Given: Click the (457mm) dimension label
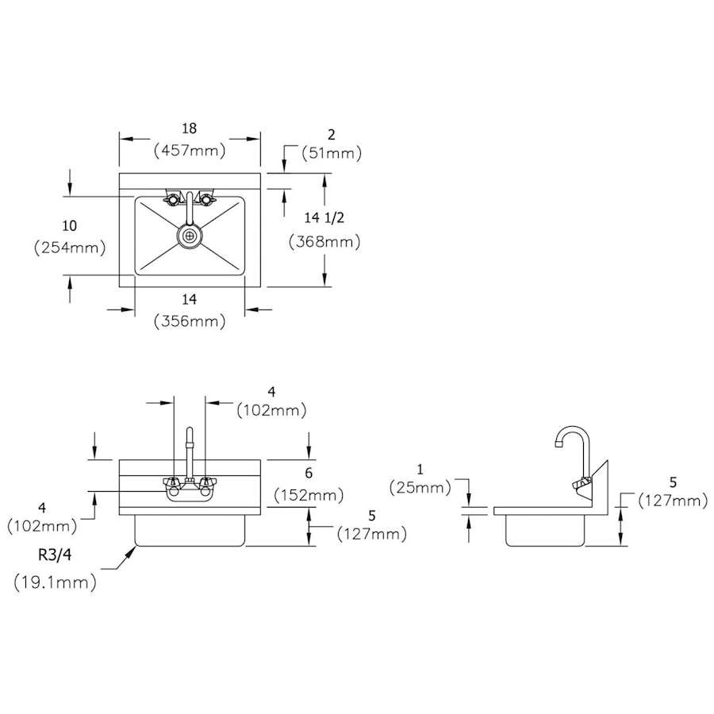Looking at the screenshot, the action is click(190, 150).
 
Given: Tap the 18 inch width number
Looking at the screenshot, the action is click(189, 129).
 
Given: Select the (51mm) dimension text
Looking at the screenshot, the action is click(332, 153).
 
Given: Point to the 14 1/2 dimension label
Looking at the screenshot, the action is click(324, 217).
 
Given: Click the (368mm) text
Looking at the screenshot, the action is click(324, 241).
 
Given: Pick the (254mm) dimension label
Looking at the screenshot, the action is click(70, 248).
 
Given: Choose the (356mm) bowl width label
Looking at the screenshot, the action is click(190, 321).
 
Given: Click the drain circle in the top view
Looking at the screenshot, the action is click(190, 236).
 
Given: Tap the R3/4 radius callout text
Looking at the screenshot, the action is click(55, 555).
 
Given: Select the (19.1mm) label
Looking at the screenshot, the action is click(55, 582).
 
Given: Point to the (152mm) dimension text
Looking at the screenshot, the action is click(309, 495).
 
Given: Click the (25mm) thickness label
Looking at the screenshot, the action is click(420, 488).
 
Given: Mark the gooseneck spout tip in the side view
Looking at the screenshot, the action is click(559, 443).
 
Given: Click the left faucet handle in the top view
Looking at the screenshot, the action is click(171, 199).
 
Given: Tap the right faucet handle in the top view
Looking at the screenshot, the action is click(206, 199).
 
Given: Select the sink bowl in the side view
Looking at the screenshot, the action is click(545, 531).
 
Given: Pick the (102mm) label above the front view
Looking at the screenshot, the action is click(271, 410).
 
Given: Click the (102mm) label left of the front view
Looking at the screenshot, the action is click(42, 527).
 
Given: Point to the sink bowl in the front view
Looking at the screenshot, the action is click(190, 531).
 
